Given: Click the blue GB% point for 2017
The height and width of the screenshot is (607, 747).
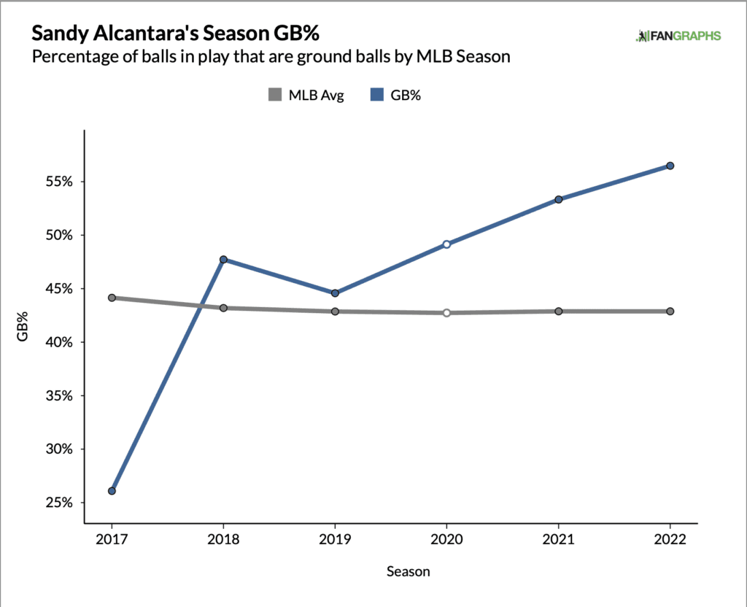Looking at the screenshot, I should [x=112, y=491].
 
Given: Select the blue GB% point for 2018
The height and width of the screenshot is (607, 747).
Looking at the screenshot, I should [x=223, y=260].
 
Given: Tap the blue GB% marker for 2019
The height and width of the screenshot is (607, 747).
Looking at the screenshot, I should [x=335, y=293].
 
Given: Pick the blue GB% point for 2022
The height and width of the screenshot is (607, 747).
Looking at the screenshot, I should [x=670, y=166].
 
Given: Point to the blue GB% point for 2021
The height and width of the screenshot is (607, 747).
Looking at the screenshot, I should [x=558, y=199].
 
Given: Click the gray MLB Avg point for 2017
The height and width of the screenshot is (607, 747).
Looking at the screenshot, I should [x=112, y=298].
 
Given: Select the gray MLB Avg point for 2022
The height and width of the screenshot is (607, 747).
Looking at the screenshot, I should [x=670, y=312].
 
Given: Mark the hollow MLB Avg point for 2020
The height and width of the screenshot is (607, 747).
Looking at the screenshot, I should [x=446, y=313].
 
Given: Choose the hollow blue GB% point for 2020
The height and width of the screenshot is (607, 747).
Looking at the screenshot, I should [x=446, y=244].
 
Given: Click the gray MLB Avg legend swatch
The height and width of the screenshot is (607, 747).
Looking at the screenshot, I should [x=275, y=94].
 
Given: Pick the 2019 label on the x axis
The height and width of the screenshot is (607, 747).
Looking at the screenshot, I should [x=335, y=541].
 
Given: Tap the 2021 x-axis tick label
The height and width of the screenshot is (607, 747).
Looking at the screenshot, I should [x=558, y=541].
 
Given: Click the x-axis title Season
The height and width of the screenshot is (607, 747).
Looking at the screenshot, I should [x=408, y=572].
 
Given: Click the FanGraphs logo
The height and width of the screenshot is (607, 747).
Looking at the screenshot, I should [x=678, y=36].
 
